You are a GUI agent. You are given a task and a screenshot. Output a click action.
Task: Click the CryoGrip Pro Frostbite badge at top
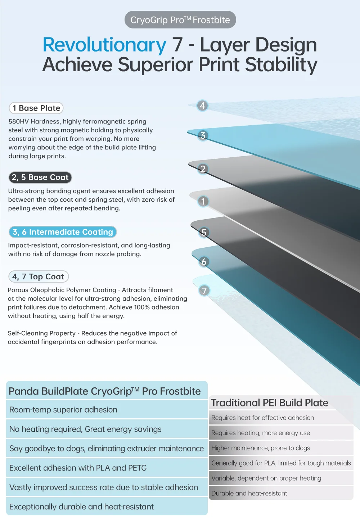pyautogui.click(x=180, y=20)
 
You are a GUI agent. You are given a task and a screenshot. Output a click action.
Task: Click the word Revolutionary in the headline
pyautogui.click(x=104, y=45)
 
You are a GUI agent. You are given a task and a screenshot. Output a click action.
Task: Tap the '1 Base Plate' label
pyautogui.click(x=36, y=108)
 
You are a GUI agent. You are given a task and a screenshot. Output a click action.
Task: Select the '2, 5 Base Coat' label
pyautogui.click(x=40, y=177)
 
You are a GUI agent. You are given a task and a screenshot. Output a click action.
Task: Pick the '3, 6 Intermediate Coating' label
pyautogui.click(x=63, y=232)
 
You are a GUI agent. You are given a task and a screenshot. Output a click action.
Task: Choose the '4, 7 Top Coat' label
pyautogui.click(x=38, y=277)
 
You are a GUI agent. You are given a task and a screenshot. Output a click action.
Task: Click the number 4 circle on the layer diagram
pyautogui.click(x=202, y=105)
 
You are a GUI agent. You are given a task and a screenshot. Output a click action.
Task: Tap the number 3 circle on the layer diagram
pyautogui.click(x=203, y=135)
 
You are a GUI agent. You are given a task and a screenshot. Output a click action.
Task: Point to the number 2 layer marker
pyautogui.click(x=203, y=169)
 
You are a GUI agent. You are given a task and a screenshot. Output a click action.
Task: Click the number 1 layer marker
pyautogui.click(x=203, y=201)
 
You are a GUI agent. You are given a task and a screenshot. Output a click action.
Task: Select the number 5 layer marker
pyautogui.click(x=204, y=233)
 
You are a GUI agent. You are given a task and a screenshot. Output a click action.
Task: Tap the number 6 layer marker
pyautogui.click(x=204, y=262)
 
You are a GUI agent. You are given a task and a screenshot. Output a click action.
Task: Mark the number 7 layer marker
pyautogui.click(x=204, y=291)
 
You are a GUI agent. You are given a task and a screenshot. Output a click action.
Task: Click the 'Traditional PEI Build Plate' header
pyautogui.click(x=269, y=403)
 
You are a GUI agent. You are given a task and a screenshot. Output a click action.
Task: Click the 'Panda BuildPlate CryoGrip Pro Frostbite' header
pyautogui.click(x=104, y=391)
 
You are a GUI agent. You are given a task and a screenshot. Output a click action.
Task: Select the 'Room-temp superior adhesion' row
pyautogui.click(x=63, y=410)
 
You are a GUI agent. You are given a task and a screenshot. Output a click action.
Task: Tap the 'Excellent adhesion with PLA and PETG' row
pyautogui.click(x=78, y=468)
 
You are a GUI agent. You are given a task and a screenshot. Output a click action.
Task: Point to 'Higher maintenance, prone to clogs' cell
pyautogui.click(x=261, y=448)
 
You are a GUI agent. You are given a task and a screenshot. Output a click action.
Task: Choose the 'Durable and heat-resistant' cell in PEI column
pyautogui.click(x=249, y=493)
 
